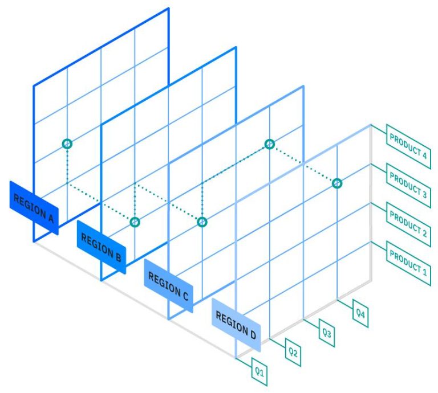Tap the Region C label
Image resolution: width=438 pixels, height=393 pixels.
click(168, 285)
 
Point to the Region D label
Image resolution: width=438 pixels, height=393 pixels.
click(236, 323)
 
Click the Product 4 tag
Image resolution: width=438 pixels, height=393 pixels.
click(408, 146)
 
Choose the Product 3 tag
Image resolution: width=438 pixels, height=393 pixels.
click(408, 185)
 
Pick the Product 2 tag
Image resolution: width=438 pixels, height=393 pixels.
click(408, 224)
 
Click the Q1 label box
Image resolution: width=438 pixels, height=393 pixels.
click(259, 372)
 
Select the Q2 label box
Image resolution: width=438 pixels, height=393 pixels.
click(293, 353)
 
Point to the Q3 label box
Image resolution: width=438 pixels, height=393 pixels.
click(327, 333)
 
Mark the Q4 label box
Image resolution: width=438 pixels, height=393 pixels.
click(360, 313)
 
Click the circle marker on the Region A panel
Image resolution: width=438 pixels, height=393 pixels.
click(67, 144)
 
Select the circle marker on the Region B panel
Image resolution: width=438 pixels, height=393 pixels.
click(135, 222)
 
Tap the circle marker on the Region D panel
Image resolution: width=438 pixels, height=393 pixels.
click(337, 183)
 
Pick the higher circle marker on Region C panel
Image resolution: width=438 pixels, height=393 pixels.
click(270, 144)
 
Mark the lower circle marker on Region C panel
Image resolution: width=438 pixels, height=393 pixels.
click(202, 222)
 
